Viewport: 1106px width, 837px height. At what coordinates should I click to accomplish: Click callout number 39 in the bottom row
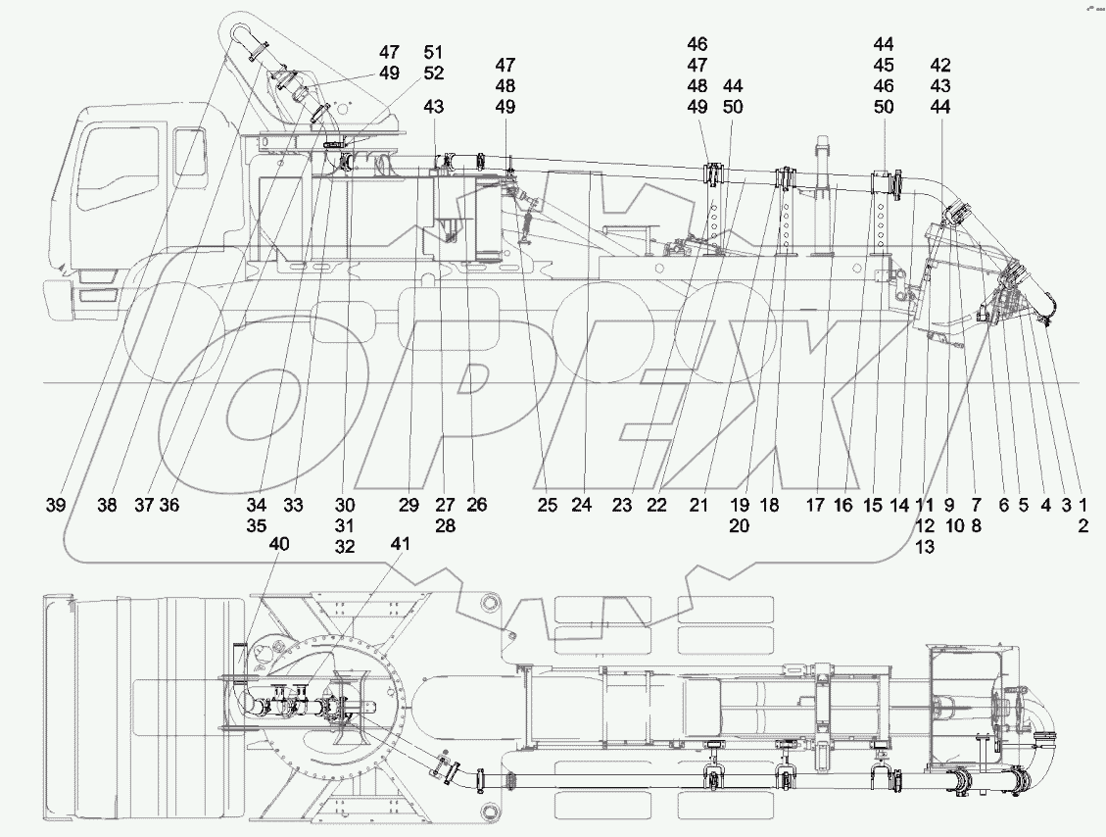(55, 506)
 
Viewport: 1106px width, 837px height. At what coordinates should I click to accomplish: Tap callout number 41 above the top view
(401, 543)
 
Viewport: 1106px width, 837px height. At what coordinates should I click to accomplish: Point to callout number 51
(434, 51)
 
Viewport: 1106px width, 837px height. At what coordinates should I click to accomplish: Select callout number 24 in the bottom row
(583, 506)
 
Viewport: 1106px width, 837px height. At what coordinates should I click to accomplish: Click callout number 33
(293, 506)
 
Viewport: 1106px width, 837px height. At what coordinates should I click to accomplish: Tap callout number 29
(409, 506)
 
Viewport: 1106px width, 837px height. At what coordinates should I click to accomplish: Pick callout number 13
(924, 548)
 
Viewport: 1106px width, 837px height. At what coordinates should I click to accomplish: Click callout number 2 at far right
(1083, 526)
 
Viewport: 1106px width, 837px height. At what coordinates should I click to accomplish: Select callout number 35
(257, 526)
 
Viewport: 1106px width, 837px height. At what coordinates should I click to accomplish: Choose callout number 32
(344, 548)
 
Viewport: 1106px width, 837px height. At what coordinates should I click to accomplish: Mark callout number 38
(106, 506)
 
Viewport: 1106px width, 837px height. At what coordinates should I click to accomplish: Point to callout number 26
(476, 506)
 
